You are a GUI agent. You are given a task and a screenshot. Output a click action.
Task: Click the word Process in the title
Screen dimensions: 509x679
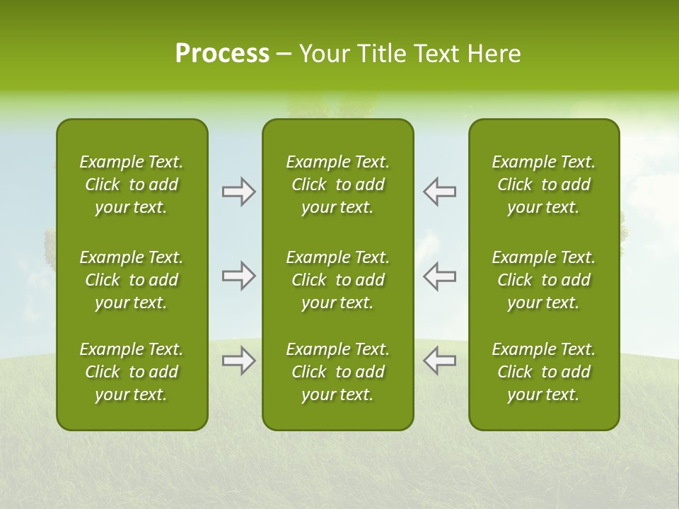222,54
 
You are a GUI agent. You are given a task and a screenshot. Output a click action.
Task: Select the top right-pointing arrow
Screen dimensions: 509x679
239,192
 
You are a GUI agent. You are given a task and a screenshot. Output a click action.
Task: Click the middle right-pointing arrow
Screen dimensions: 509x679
239,276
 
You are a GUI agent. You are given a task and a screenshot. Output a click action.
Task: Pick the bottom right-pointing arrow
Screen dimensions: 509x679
239,361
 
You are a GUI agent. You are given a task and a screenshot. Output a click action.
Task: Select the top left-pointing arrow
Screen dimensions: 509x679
439,192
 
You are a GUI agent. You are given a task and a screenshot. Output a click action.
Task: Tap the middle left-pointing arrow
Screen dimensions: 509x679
439,276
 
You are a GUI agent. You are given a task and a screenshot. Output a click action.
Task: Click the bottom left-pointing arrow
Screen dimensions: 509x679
439,361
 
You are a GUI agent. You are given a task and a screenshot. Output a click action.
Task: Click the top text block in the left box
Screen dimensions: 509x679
132,185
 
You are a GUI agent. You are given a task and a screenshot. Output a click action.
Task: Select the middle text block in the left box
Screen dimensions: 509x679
132,280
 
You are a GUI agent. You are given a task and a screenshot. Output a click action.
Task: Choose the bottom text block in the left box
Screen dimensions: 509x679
132,372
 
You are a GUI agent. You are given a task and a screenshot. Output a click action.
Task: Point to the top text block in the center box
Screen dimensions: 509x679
338,185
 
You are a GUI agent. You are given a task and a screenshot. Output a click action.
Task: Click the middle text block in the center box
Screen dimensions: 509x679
338,280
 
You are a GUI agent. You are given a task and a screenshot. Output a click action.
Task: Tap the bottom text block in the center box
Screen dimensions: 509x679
338,372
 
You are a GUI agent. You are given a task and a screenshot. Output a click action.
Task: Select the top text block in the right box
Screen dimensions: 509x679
544,185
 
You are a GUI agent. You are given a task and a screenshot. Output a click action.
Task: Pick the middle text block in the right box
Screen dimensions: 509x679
544,280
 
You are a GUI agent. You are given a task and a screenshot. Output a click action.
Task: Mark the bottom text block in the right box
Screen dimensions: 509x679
544,372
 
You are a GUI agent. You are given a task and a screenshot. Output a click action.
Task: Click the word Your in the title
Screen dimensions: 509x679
324,54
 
